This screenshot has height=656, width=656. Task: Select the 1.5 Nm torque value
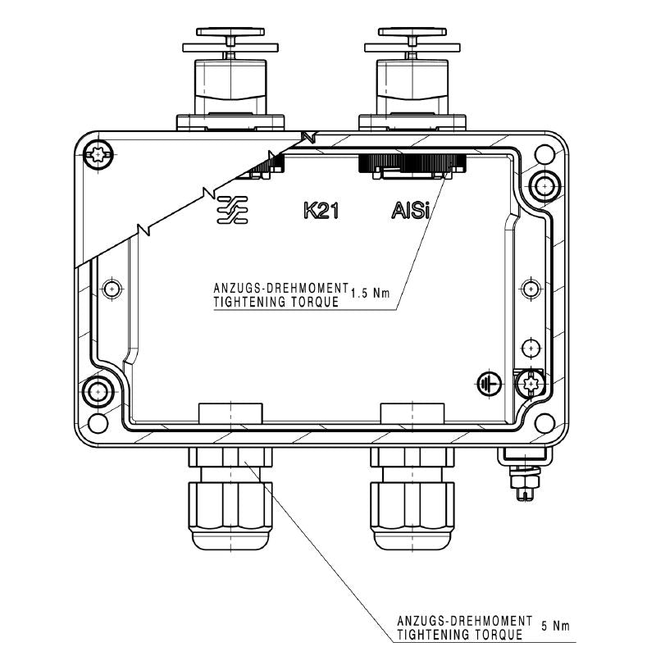click(370, 293)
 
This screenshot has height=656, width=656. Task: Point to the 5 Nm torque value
click(555, 626)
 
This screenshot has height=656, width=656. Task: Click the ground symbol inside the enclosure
click(489, 383)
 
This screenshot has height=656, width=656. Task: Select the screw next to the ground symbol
click(531, 382)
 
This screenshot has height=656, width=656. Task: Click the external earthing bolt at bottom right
click(522, 480)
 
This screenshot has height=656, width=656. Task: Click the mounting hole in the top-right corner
click(541, 153)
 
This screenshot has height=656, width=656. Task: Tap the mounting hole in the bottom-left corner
click(98, 423)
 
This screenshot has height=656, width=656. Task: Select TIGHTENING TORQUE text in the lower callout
click(459, 635)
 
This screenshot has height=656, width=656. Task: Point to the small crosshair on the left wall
click(113, 289)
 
